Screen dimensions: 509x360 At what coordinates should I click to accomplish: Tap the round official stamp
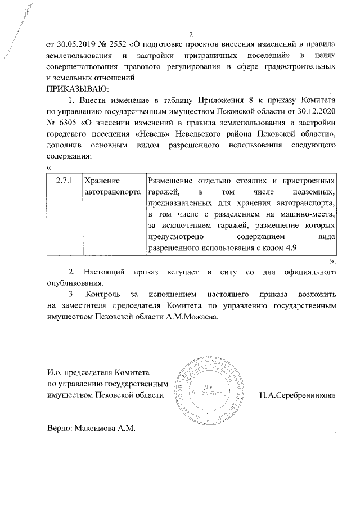[209, 389]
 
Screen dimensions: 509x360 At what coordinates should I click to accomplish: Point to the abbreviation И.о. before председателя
[56, 372]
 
